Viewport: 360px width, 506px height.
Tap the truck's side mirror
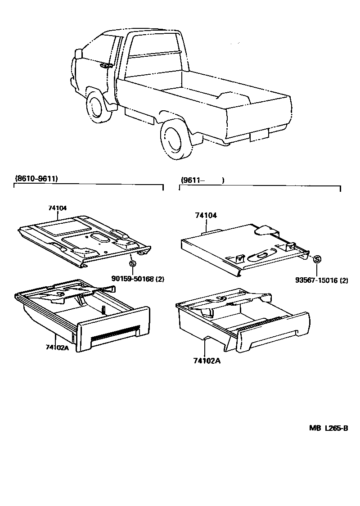[x=78, y=54]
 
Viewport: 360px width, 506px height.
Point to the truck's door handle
[x=106, y=66]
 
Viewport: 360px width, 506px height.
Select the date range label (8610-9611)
[x=36, y=179]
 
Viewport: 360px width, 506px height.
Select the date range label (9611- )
[x=202, y=180]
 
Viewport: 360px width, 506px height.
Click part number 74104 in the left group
[x=58, y=208]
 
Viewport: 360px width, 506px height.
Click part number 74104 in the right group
[x=206, y=216]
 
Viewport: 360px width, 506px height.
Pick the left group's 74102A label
[x=57, y=347]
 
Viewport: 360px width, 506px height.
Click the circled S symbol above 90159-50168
[x=132, y=264]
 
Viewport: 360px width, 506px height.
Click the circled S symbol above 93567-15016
[x=317, y=259]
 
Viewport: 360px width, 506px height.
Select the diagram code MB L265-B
[x=328, y=428]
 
